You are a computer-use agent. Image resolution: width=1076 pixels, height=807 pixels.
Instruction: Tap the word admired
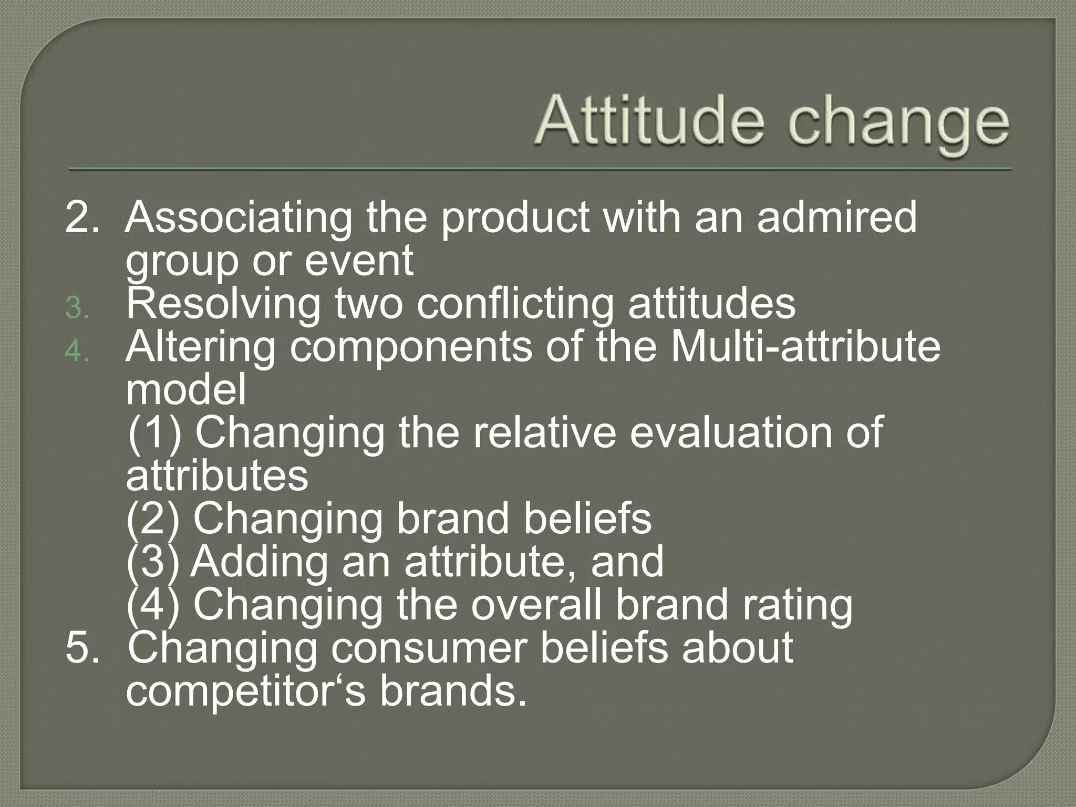pyautogui.click(x=836, y=217)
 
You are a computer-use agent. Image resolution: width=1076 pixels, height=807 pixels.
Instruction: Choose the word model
pyautogui.click(x=186, y=390)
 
